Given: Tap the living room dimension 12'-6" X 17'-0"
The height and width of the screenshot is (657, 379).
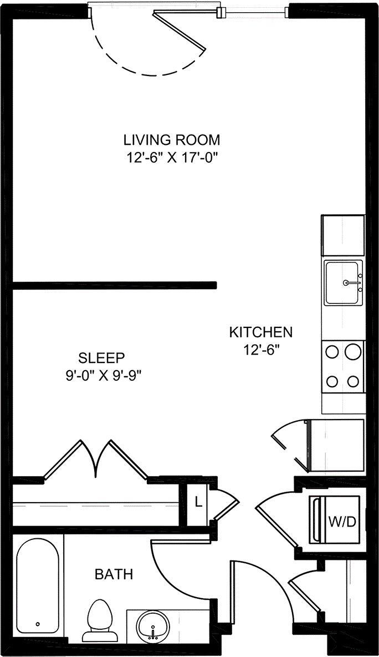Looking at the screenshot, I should click(172, 157).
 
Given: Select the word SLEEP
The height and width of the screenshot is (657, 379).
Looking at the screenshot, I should click(101, 357).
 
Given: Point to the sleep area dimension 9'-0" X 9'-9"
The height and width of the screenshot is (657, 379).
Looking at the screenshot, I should click(104, 375).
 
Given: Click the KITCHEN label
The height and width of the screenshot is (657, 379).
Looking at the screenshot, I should click(261, 332).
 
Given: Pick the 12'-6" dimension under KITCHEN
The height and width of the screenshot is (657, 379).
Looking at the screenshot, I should click(261, 350).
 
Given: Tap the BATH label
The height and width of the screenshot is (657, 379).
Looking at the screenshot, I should click(114, 574).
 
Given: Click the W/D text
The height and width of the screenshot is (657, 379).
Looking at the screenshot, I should click(342, 522).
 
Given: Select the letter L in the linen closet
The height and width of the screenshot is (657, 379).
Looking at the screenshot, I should click(197, 504).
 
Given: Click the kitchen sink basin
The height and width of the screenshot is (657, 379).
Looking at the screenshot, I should click(343, 282).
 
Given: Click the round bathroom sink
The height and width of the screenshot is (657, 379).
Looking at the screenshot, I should click(151, 626).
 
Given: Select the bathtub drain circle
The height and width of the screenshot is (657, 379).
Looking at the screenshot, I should click(38, 624).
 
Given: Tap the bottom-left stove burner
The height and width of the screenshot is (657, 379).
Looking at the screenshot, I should click(332, 381).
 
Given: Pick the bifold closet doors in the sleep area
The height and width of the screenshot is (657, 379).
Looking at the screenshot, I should click(96, 458).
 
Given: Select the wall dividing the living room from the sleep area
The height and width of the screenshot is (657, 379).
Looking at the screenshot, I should click(114, 285).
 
